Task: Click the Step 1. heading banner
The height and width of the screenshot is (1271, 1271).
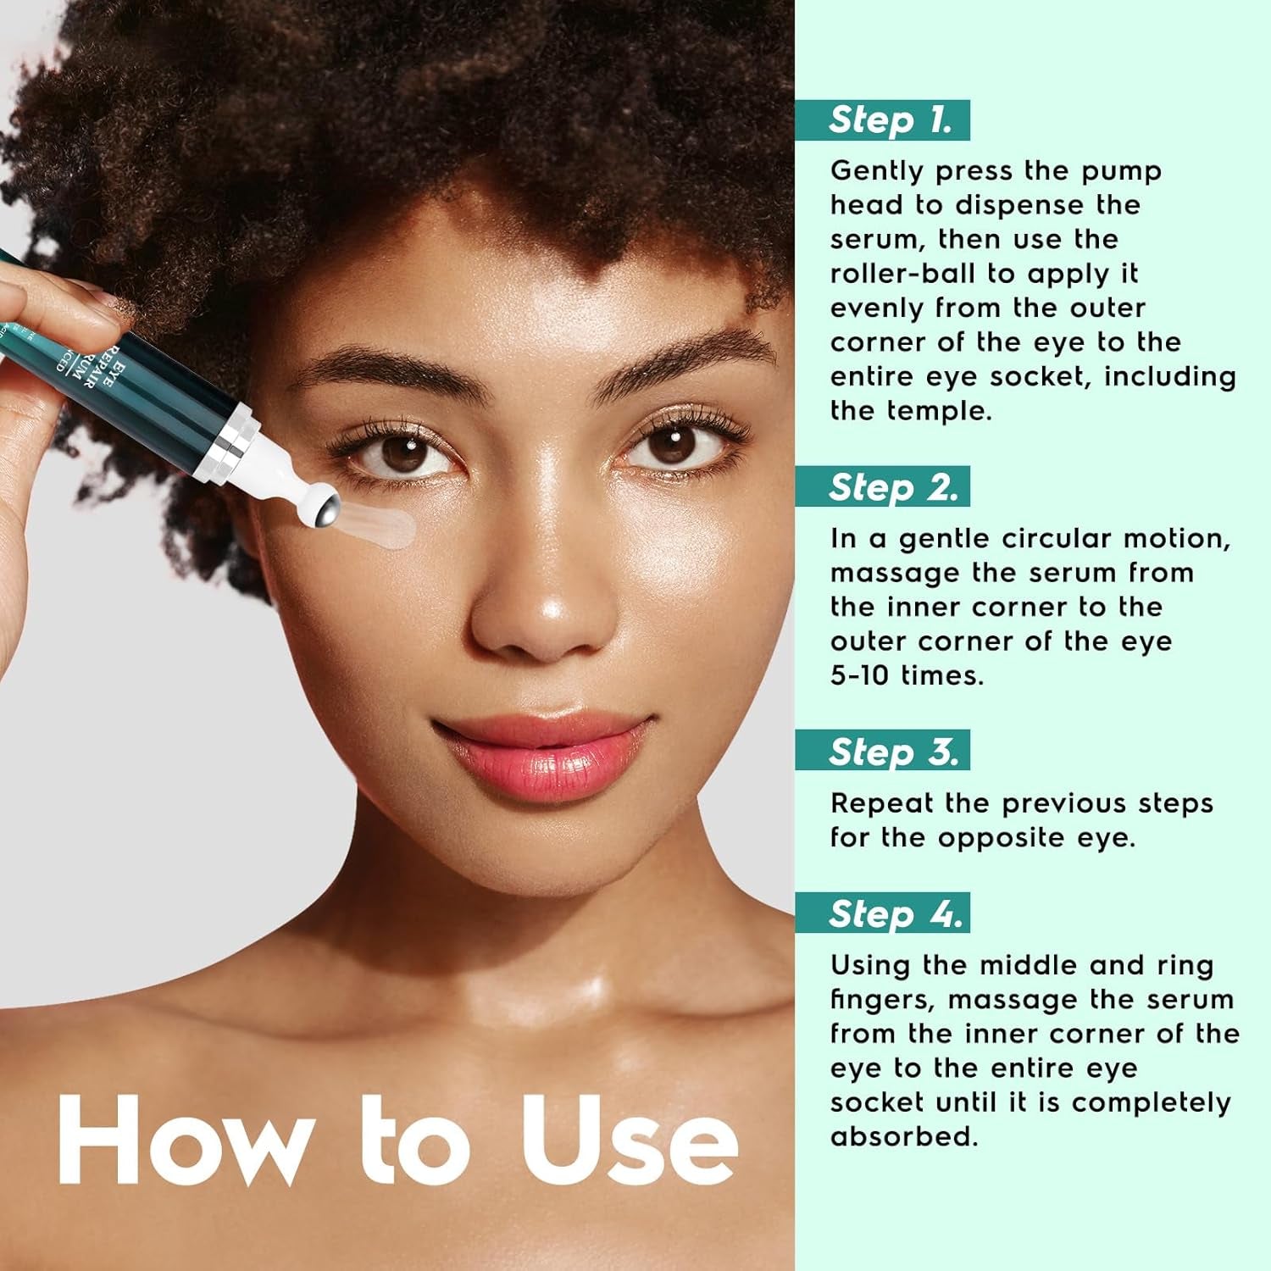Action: coord(882,120)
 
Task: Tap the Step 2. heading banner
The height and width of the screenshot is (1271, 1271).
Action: coord(882,487)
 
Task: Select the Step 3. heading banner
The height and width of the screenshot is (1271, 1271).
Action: coord(882,752)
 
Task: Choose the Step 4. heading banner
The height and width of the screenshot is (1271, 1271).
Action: coord(882,913)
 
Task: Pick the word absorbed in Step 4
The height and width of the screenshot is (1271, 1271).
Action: coord(903,1137)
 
